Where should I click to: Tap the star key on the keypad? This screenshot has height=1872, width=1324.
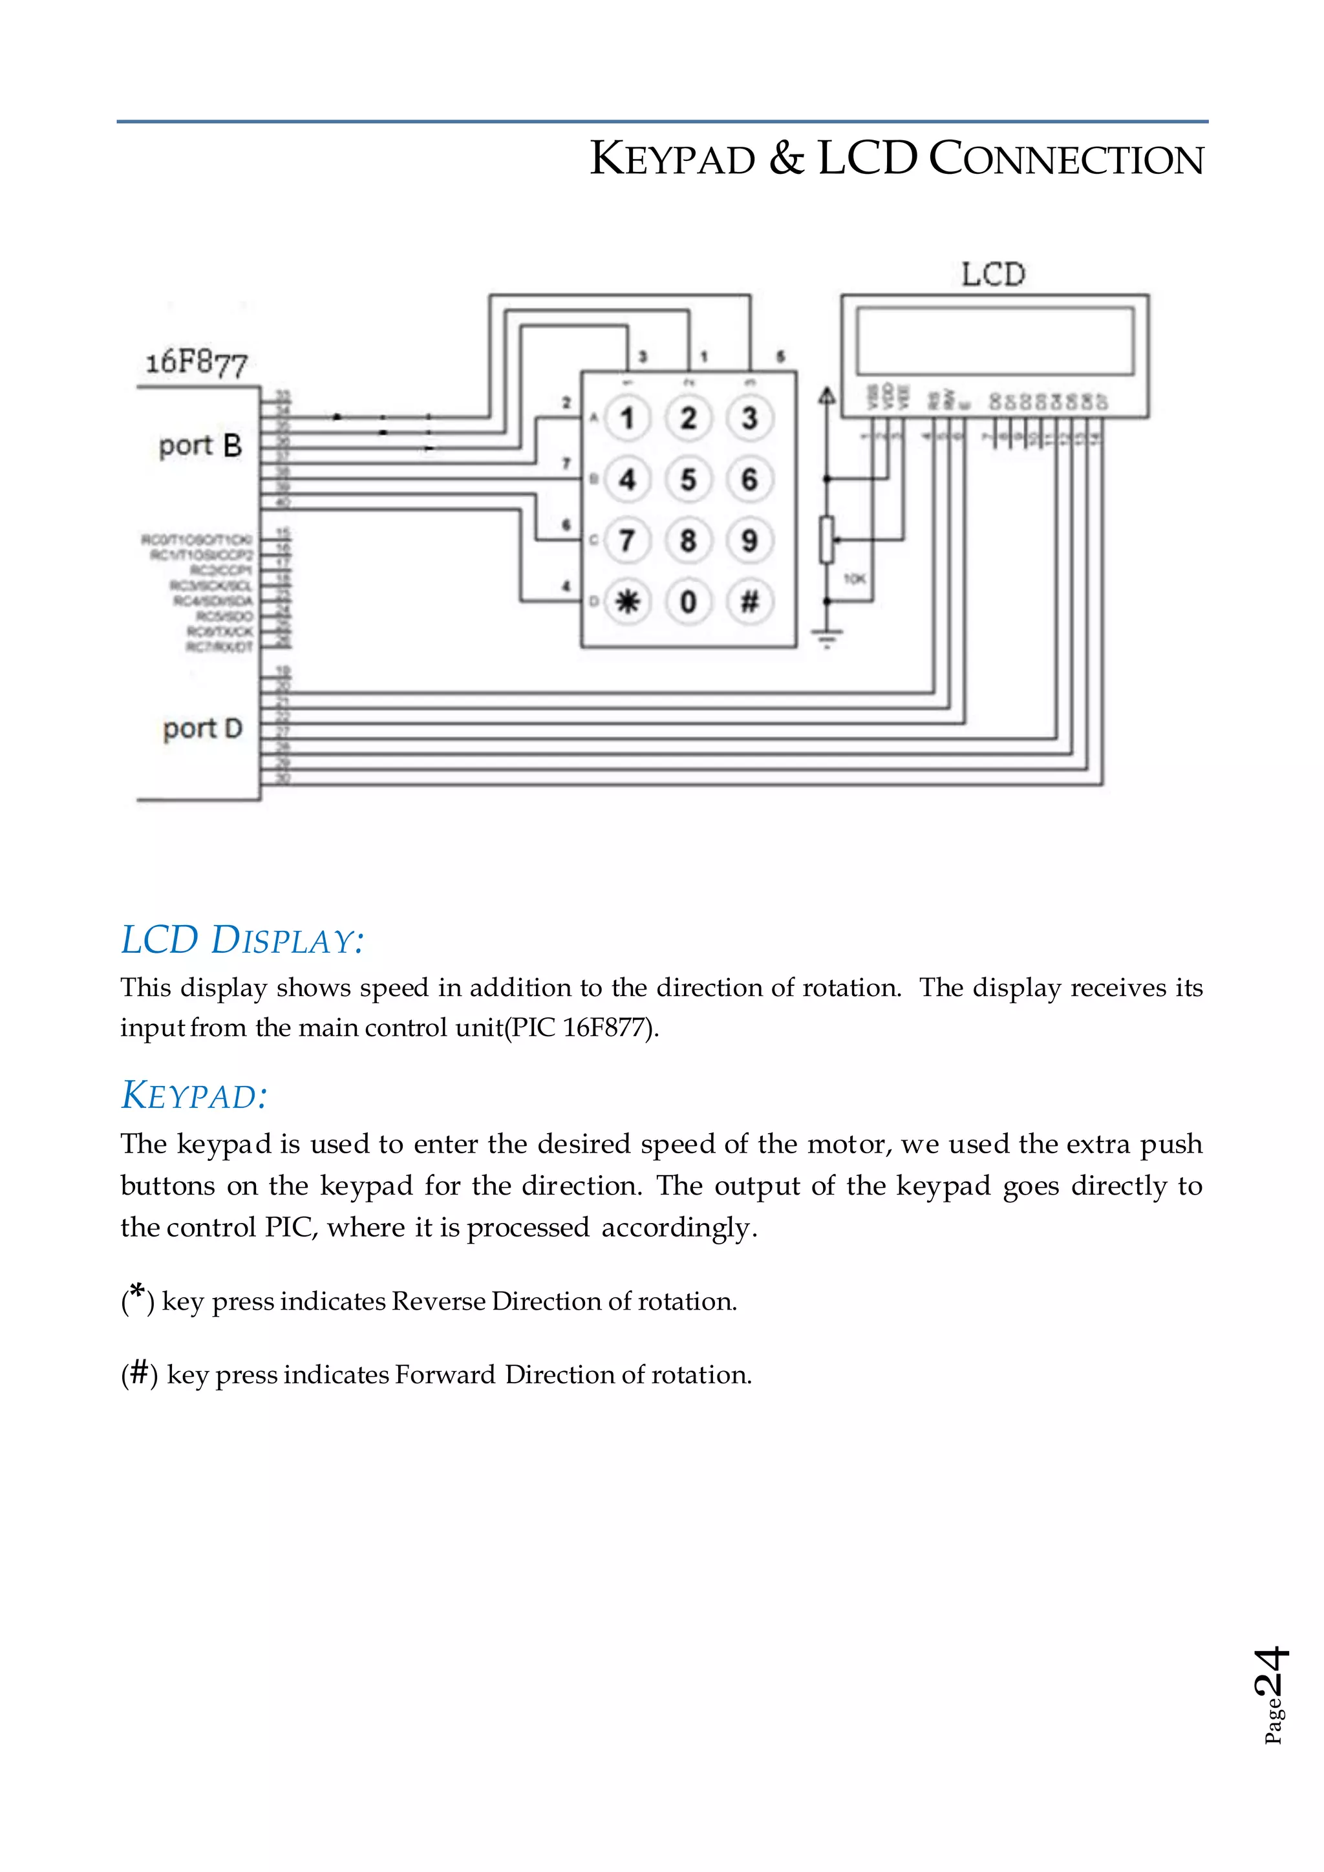[x=627, y=602]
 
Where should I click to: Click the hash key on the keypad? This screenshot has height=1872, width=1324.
[x=749, y=602]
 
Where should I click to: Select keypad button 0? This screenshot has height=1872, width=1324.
[x=688, y=602]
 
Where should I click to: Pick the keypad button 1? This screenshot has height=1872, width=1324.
[x=627, y=418]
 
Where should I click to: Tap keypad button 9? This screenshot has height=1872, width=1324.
[x=749, y=540]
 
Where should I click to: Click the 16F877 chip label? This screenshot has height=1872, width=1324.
[x=196, y=363]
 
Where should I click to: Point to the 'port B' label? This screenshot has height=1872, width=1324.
[x=200, y=446]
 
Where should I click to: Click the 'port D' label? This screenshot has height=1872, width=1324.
[x=202, y=728]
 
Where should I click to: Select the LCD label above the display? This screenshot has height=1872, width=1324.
[x=993, y=275]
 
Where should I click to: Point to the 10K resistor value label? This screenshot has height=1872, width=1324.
[x=853, y=579]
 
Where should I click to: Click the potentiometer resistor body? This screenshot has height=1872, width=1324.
[x=827, y=540]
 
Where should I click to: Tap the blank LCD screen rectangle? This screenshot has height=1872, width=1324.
[x=995, y=341]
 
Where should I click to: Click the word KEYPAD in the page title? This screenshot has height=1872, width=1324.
[x=672, y=158]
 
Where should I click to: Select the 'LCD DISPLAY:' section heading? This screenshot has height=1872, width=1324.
[x=242, y=940]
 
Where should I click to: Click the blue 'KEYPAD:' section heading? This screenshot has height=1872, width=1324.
[x=194, y=1095]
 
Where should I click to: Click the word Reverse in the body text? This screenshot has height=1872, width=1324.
[x=440, y=1301]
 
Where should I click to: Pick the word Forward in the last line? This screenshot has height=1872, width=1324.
[x=445, y=1375]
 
